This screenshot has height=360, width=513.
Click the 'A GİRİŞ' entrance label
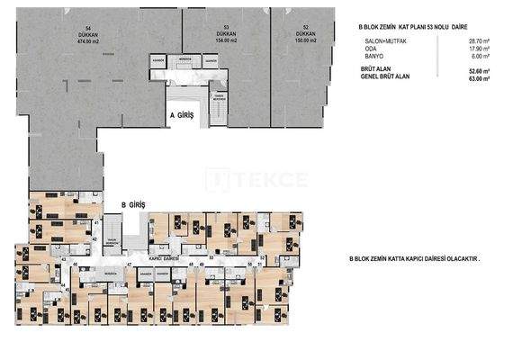coord(183,116)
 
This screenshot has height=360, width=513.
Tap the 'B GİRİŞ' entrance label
coord(133,205)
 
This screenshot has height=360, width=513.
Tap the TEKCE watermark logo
coord(256,180)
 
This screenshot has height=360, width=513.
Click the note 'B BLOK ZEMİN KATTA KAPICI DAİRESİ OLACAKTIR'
coord(414,258)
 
